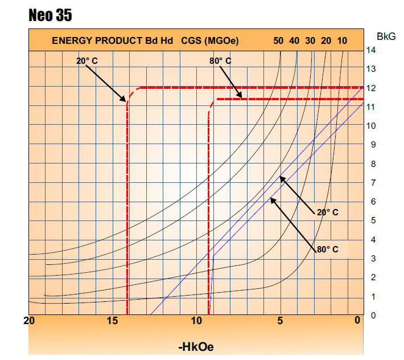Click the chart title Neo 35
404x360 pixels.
(50, 15)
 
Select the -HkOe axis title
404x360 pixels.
(196, 346)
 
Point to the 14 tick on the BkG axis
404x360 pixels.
(370, 50)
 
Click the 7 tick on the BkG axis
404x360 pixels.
(370, 182)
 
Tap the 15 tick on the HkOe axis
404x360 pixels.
(113, 321)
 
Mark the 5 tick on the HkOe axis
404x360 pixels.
(280, 321)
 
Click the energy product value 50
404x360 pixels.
(278, 40)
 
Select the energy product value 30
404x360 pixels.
(310, 40)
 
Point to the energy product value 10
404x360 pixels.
(342, 40)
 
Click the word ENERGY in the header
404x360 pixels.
(72, 40)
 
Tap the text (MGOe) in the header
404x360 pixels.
(219, 40)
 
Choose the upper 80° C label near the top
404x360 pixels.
(220, 60)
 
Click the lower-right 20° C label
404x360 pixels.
(327, 212)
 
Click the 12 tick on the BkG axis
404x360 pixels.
(370, 88)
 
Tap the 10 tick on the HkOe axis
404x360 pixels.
(196, 321)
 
